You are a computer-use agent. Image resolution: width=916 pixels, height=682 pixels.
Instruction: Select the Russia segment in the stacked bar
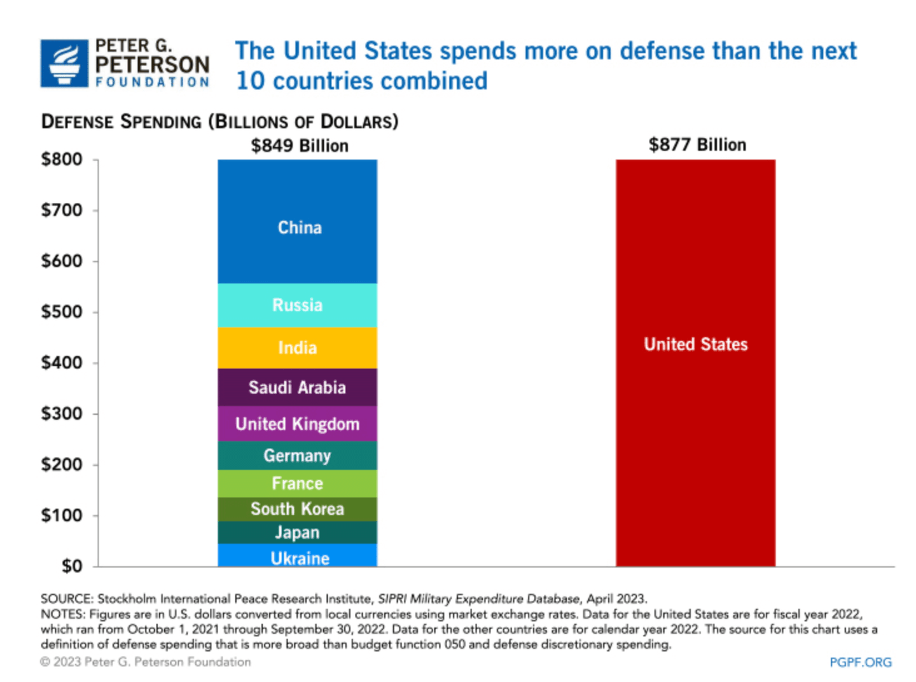point(297,305)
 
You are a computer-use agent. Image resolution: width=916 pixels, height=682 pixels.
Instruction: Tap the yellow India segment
point(297,348)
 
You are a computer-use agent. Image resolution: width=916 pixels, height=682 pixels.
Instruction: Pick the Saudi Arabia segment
point(297,387)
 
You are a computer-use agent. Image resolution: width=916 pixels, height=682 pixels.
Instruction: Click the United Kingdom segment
point(297,424)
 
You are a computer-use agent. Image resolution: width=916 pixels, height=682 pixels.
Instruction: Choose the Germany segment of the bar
point(297,456)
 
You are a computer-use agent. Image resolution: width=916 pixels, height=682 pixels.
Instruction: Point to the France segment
point(297,484)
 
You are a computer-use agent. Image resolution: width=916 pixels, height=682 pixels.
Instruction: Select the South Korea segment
point(297,509)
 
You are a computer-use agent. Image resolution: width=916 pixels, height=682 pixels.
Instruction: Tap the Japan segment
point(297,532)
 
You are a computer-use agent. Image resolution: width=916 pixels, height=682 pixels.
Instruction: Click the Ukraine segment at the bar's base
point(297,557)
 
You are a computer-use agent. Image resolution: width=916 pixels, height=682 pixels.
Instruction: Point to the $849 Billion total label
point(300,146)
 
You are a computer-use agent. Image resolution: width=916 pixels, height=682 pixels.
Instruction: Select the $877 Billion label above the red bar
point(697,144)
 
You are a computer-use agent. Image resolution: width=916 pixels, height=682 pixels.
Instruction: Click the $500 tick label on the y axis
point(62,312)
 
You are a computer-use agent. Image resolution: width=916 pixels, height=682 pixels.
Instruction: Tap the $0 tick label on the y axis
point(72,566)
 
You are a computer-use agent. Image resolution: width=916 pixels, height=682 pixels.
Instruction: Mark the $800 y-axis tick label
point(62,159)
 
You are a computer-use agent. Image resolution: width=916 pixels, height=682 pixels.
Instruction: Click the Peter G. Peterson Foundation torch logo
point(64,63)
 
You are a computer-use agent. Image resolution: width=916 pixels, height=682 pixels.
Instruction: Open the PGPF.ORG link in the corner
point(860,662)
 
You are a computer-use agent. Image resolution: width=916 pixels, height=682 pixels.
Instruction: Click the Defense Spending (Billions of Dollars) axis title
point(219,122)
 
